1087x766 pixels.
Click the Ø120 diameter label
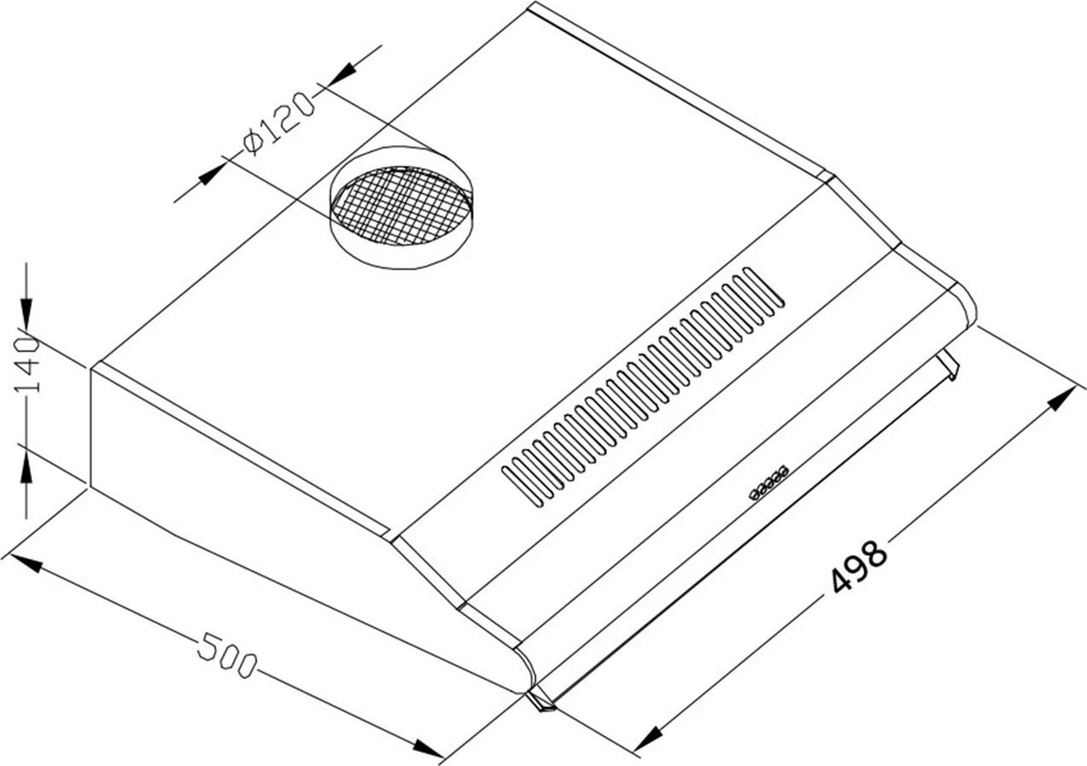278,125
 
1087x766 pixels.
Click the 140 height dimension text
26,365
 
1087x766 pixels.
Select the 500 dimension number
226,654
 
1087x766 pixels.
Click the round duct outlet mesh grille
400,206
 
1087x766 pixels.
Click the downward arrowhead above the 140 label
26,313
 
